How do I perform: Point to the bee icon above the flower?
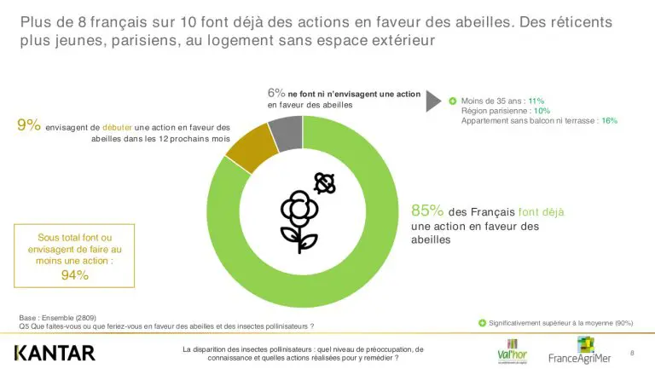[323, 182]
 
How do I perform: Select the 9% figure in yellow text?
[29, 125]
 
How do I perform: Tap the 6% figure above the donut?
[275, 93]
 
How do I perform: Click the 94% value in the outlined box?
[75, 274]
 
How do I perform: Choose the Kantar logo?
[55, 352]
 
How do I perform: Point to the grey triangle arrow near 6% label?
[432, 98]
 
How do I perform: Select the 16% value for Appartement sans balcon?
[609, 121]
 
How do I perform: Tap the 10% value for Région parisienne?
[542, 111]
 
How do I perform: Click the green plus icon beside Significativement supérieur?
[482, 323]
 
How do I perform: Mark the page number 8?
[632, 352]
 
